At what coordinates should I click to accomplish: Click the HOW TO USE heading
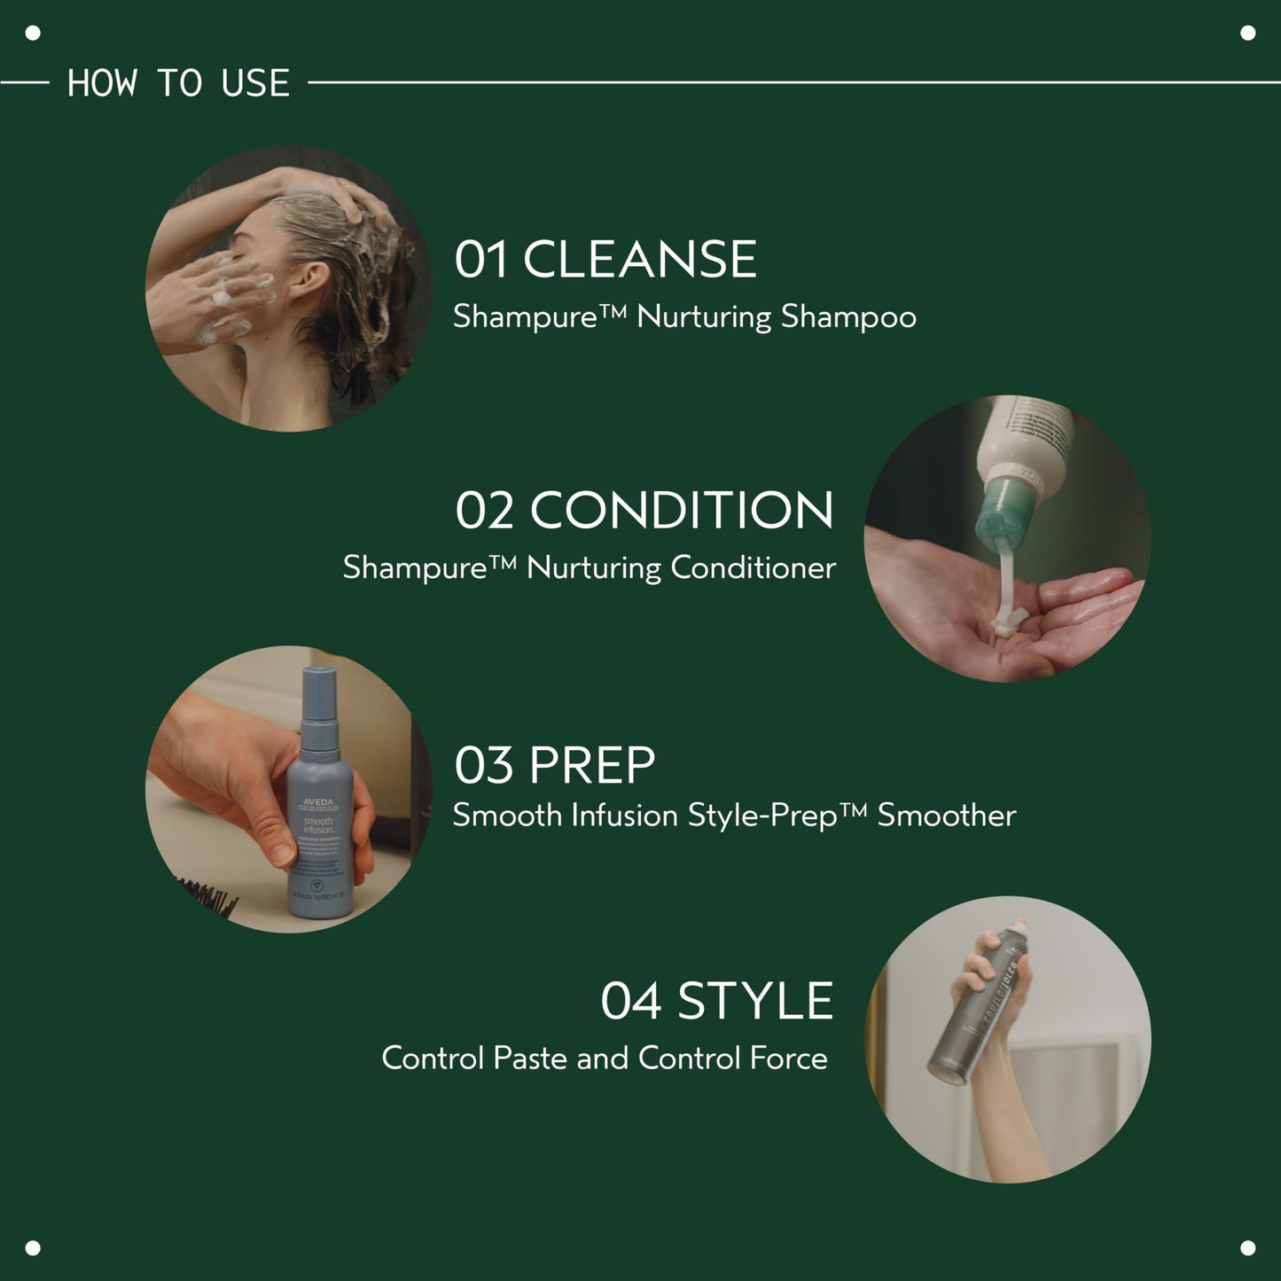coord(178,83)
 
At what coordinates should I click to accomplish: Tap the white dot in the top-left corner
coord(33,34)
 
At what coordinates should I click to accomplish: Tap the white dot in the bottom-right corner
coord(1247,1247)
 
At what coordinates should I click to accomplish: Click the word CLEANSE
coord(639,260)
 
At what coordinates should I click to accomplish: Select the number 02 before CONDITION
coord(484,512)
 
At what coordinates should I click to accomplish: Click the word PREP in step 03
coord(591,765)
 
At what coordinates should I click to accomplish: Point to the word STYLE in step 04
coord(754,1001)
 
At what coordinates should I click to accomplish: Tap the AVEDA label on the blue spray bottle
coord(318,803)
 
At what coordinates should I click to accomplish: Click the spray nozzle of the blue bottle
coord(319,687)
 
